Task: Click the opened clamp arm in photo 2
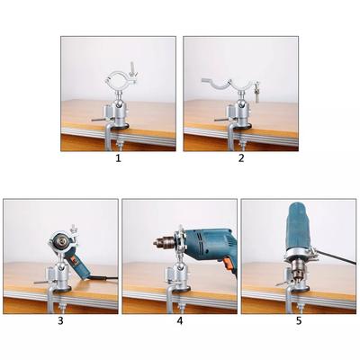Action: (217, 83)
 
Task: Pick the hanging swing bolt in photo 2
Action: (257, 91)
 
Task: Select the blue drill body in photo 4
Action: (208, 242)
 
